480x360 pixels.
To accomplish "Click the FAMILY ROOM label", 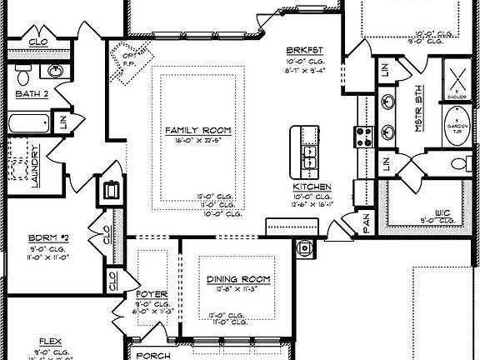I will [198, 132].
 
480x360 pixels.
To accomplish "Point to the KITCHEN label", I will [312, 187].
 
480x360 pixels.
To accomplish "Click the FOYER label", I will [152, 295].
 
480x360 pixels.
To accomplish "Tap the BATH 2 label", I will [32, 94].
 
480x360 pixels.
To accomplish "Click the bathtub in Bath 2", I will [26, 125].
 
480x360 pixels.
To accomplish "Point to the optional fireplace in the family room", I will [127, 61].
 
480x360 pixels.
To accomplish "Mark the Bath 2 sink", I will [57, 70].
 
